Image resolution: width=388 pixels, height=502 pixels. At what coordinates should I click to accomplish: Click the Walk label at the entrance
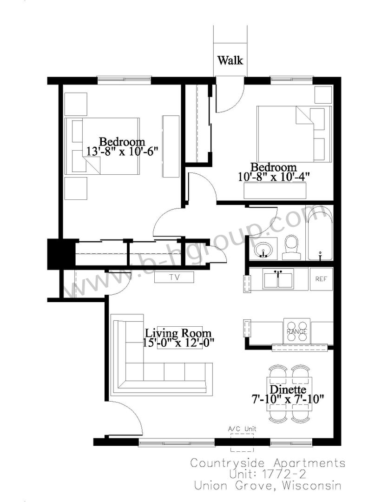click(230, 60)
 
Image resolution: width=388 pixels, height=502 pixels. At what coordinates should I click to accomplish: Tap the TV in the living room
click(174, 277)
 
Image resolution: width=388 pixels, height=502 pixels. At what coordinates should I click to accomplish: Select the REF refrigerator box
click(321, 279)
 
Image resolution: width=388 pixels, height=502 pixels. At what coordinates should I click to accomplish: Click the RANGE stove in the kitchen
click(297, 331)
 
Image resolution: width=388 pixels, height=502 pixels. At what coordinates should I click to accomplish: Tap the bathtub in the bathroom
click(320, 232)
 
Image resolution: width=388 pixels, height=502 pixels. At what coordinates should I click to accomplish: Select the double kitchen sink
click(278, 279)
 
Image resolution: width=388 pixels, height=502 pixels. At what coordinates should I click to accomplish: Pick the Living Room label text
click(178, 333)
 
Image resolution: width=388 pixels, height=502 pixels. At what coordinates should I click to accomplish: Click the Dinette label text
click(288, 390)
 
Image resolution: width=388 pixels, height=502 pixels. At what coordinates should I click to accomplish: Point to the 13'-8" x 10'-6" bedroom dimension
click(123, 151)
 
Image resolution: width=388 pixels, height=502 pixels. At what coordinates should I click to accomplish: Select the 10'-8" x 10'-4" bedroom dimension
click(274, 177)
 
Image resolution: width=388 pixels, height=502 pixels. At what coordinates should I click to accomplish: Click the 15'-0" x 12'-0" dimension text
click(178, 343)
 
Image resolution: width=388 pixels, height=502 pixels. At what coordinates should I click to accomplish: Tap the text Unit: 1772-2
click(268, 474)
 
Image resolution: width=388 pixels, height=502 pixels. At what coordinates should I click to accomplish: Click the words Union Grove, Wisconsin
click(268, 486)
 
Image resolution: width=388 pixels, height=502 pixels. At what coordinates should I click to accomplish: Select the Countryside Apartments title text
click(268, 463)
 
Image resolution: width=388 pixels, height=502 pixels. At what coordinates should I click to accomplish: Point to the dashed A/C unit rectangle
click(242, 443)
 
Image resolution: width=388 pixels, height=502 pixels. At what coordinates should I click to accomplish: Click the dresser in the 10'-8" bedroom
click(275, 191)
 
